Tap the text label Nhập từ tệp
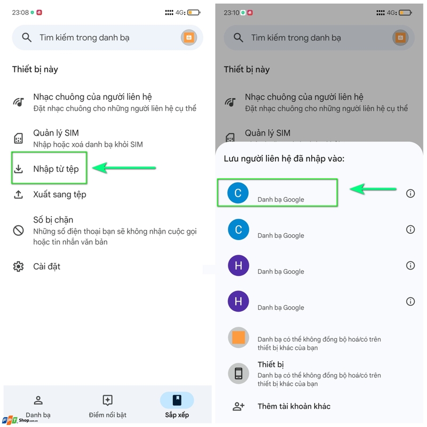coord(56,169)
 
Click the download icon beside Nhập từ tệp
coord(19,169)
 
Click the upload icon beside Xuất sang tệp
coord(19,194)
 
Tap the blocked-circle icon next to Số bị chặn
coord(19,231)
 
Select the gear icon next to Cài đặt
coord(19,266)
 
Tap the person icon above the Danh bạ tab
coord(38,400)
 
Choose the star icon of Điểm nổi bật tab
coord(107,400)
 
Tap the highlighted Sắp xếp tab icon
coord(177,400)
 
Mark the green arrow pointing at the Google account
coord(374,188)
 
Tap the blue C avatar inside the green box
coord(238,193)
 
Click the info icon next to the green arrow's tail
coord(410,193)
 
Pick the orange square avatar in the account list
coord(238,338)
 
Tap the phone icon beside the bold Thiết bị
coord(238,374)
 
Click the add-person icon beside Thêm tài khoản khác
coord(238,407)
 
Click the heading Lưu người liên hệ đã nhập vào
coord(284,159)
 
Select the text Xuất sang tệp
coord(59,194)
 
